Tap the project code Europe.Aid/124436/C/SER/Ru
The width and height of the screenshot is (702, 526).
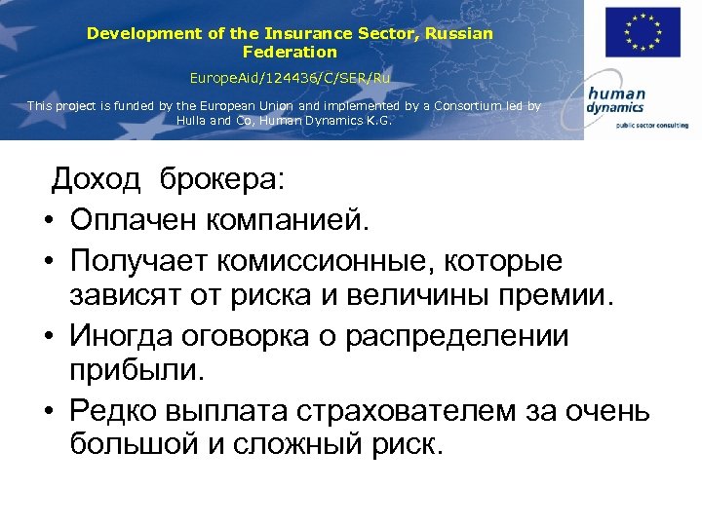coord(290,76)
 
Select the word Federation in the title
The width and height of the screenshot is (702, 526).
coord(290,52)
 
